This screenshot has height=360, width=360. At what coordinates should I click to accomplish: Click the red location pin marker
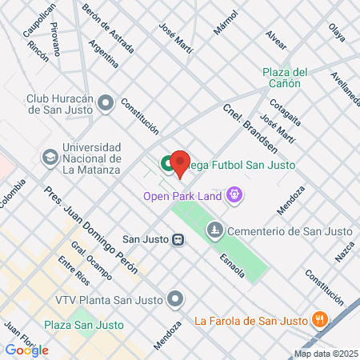[180, 163]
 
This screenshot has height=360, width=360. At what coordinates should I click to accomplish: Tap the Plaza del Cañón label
[284, 76]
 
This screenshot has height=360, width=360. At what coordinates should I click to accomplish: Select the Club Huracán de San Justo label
[72, 104]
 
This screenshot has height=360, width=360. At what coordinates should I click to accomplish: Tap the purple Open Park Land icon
[234, 194]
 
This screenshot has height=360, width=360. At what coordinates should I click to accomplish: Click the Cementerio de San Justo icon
[214, 232]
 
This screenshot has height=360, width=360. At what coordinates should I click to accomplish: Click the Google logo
[26, 350]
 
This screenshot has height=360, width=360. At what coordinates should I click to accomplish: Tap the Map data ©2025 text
[326, 354]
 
